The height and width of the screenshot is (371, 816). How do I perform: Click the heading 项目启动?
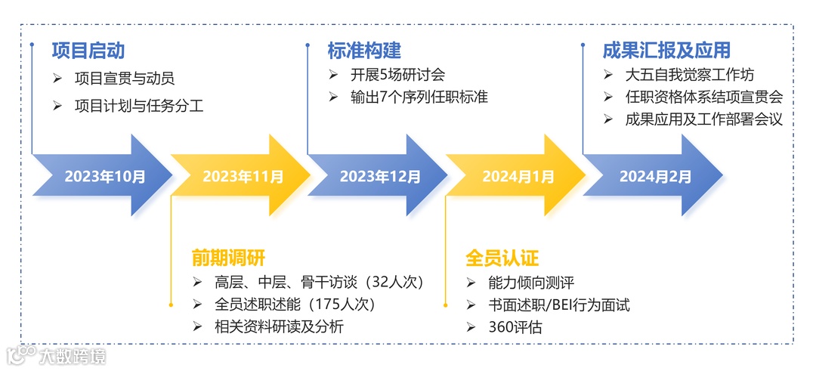pyautogui.click(x=88, y=51)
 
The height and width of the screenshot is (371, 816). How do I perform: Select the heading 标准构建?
pyautogui.click(x=364, y=51)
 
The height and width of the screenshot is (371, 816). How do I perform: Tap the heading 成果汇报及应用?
pyautogui.click(x=666, y=51)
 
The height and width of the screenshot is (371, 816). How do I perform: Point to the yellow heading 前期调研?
pyautogui.click(x=228, y=258)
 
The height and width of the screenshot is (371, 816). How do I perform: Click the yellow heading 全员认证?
pyautogui.click(x=502, y=258)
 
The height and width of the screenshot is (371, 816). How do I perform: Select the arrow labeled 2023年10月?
pyautogui.click(x=102, y=176)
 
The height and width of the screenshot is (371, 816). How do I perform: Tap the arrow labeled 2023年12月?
pyautogui.click(x=378, y=176)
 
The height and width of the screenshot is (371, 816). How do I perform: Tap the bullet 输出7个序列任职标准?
pyautogui.click(x=408, y=97)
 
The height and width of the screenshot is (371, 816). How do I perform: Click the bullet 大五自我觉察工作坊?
pyautogui.click(x=690, y=75)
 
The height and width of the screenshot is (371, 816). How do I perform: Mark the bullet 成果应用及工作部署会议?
pyautogui.click(x=703, y=119)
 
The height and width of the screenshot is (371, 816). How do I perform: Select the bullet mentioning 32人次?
pyautogui.click(x=318, y=283)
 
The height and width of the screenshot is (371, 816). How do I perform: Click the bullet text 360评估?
pyautogui.click(x=515, y=327)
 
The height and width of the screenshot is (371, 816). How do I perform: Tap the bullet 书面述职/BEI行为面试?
pyautogui.click(x=559, y=305)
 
